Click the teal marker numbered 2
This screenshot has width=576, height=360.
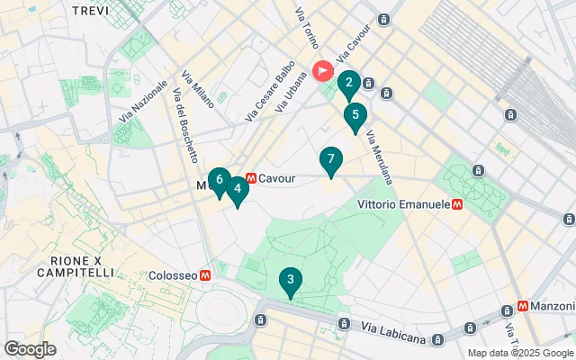[x=348, y=85]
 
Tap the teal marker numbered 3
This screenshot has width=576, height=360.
[x=290, y=281]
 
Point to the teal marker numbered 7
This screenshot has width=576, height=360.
[x=331, y=161]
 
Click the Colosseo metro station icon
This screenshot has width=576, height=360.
[x=206, y=274]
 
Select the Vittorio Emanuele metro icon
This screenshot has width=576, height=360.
[x=458, y=205]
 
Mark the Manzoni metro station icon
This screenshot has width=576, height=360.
[x=523, y=308]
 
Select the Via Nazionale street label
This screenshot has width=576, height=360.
[x=143, y=102]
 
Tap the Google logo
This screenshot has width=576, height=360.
[x=30, y=349]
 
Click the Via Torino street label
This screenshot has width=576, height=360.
[x=308, y=28]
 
